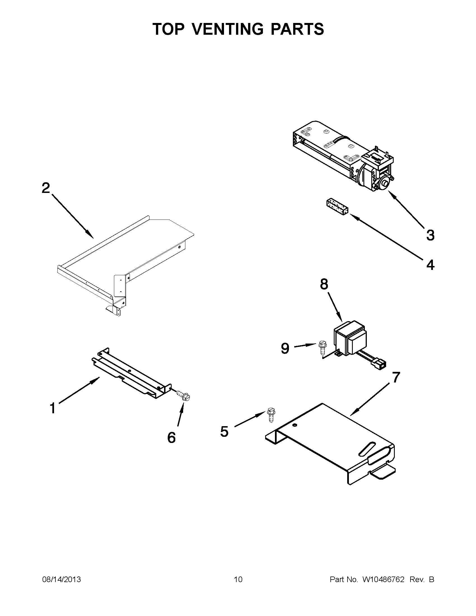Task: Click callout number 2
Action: (46, 188)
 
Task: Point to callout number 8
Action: (324, 284)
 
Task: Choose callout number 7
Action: (396, 377)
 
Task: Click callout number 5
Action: (224, 431)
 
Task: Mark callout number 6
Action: (171, 437)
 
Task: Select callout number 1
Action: (53, 408)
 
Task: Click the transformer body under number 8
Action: (351, 337)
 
